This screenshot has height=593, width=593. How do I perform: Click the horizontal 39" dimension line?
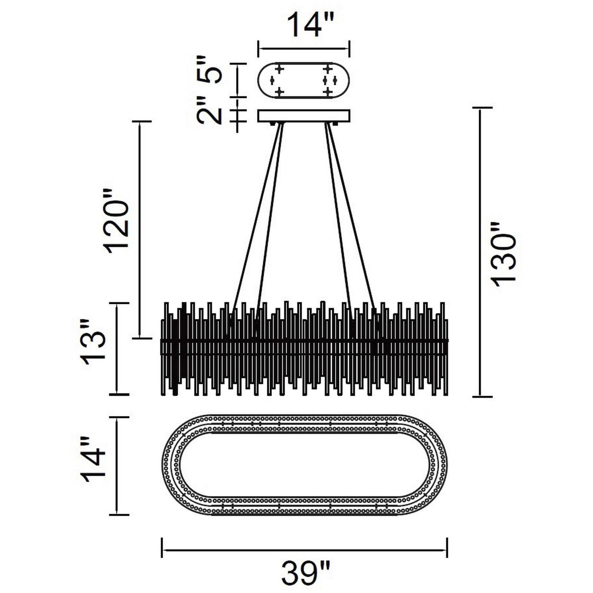click(304, 550)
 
